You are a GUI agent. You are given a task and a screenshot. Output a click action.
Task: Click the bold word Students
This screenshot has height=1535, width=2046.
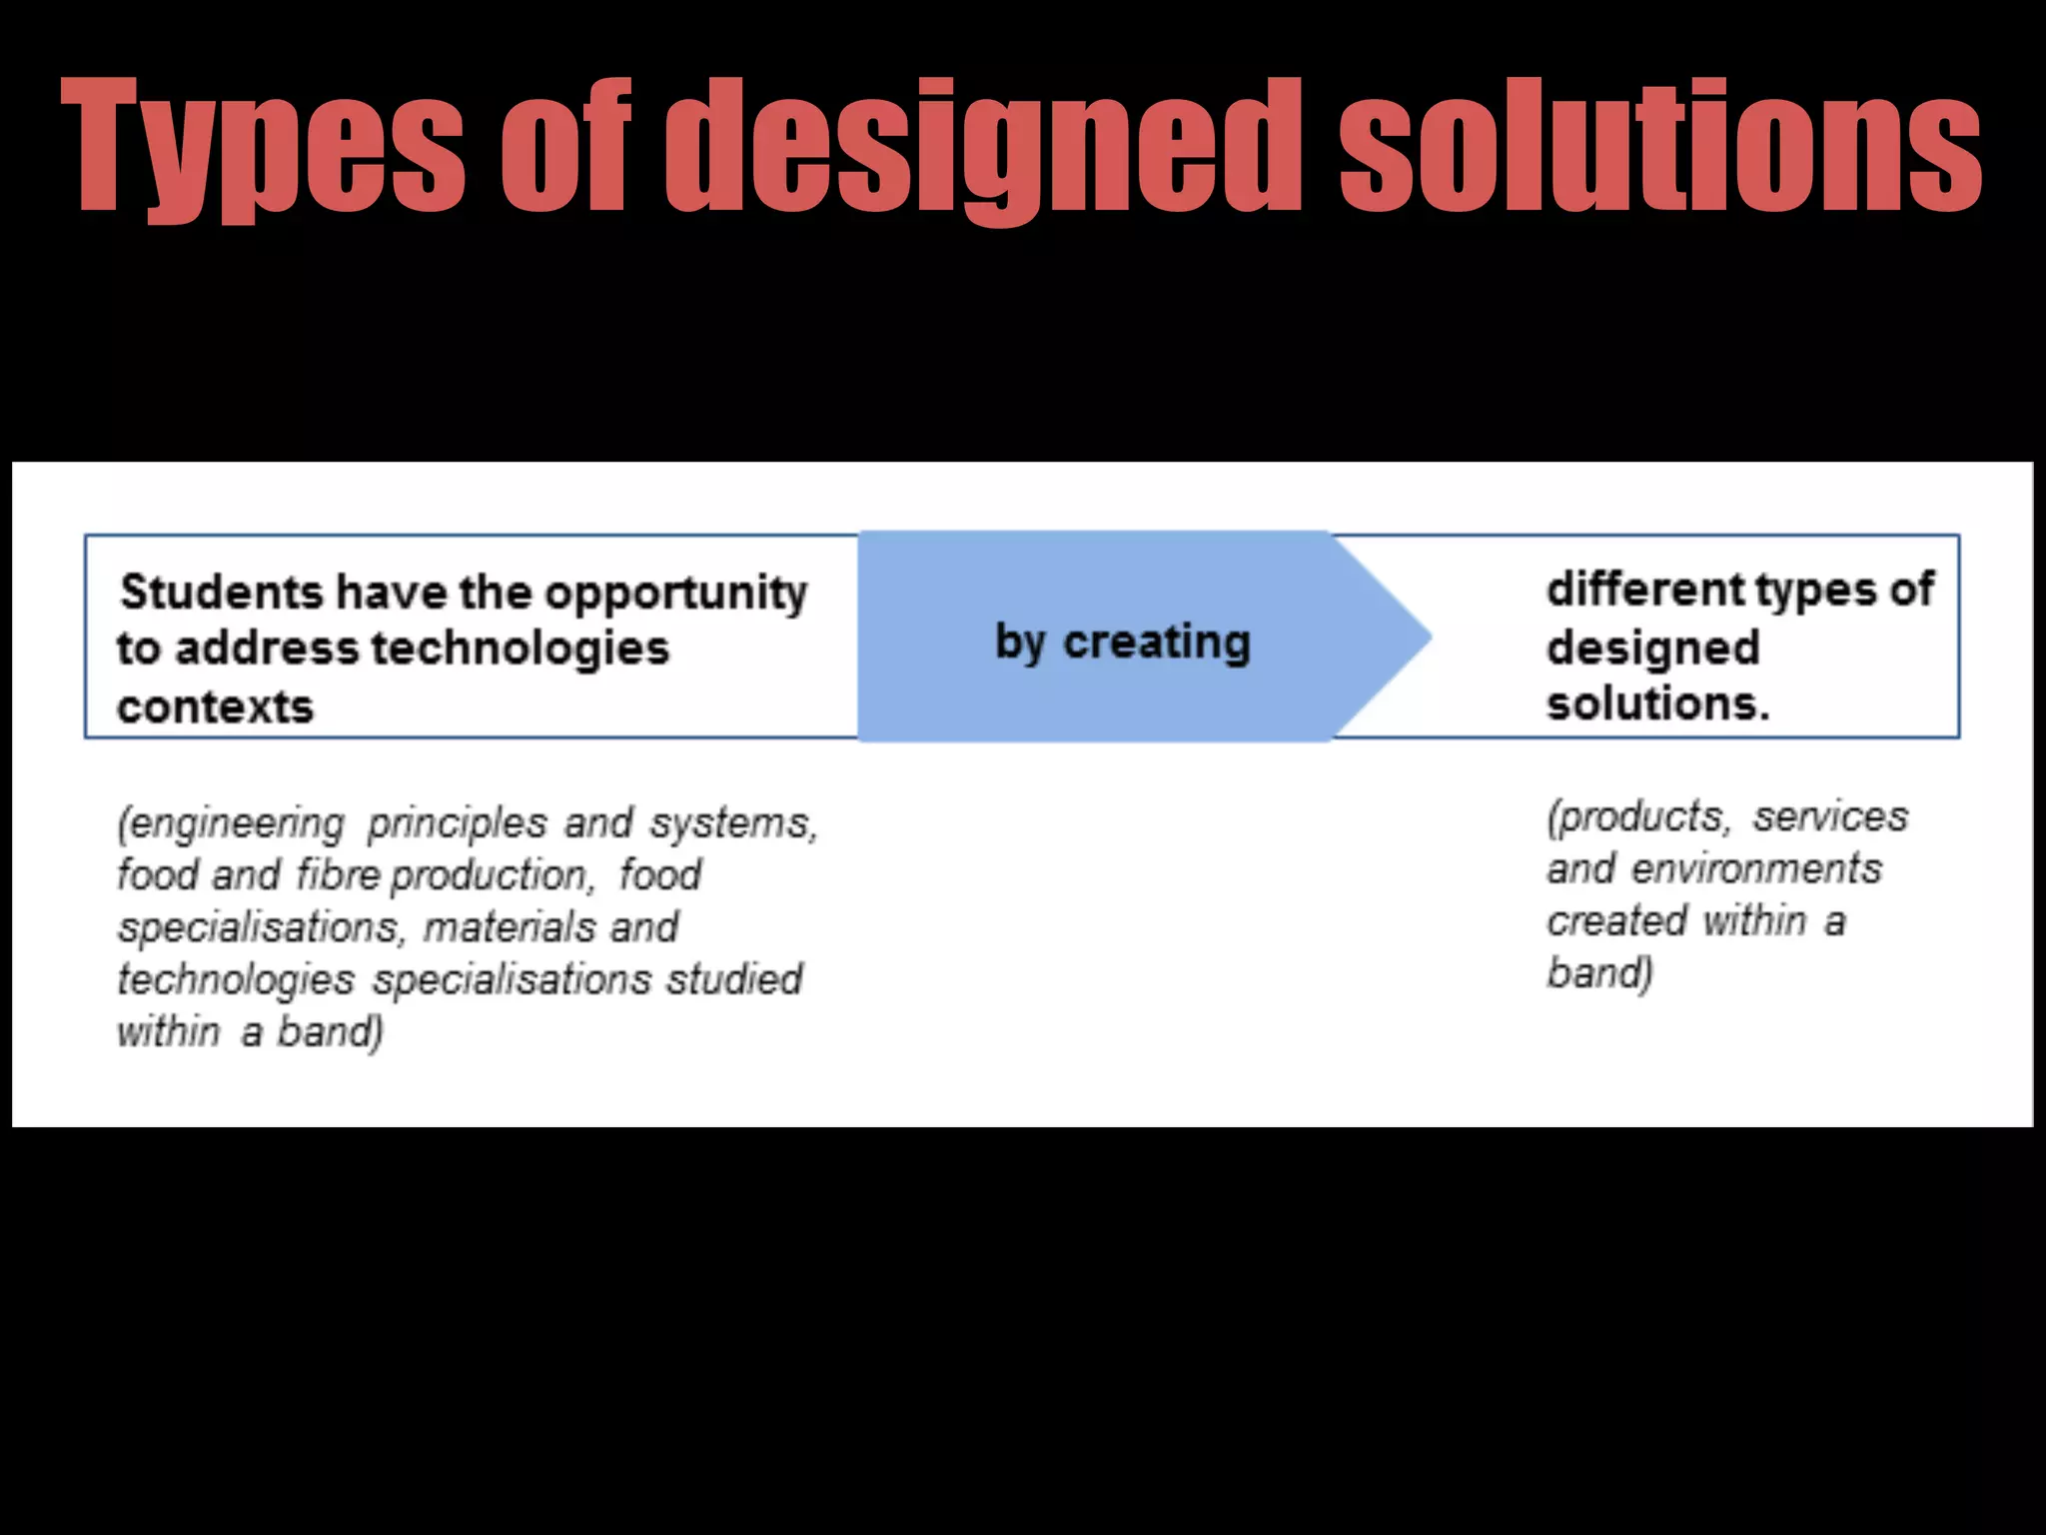tap(221, 592)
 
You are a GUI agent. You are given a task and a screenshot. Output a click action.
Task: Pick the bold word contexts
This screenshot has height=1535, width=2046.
tap(215, 707)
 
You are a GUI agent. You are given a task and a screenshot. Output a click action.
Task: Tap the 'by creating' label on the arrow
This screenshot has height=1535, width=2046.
tap(1122, 643)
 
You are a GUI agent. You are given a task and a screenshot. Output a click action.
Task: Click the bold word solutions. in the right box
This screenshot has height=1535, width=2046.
tap(1657, 704)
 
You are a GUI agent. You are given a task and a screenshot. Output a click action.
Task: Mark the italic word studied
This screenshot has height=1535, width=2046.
tap(734, 979)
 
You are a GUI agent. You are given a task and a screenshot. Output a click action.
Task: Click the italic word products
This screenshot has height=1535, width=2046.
tap(1638, 818)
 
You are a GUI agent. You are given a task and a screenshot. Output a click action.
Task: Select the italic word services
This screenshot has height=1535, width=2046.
tap(1830, 817)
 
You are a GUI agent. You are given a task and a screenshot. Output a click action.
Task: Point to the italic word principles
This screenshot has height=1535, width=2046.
tap(457, 824)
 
